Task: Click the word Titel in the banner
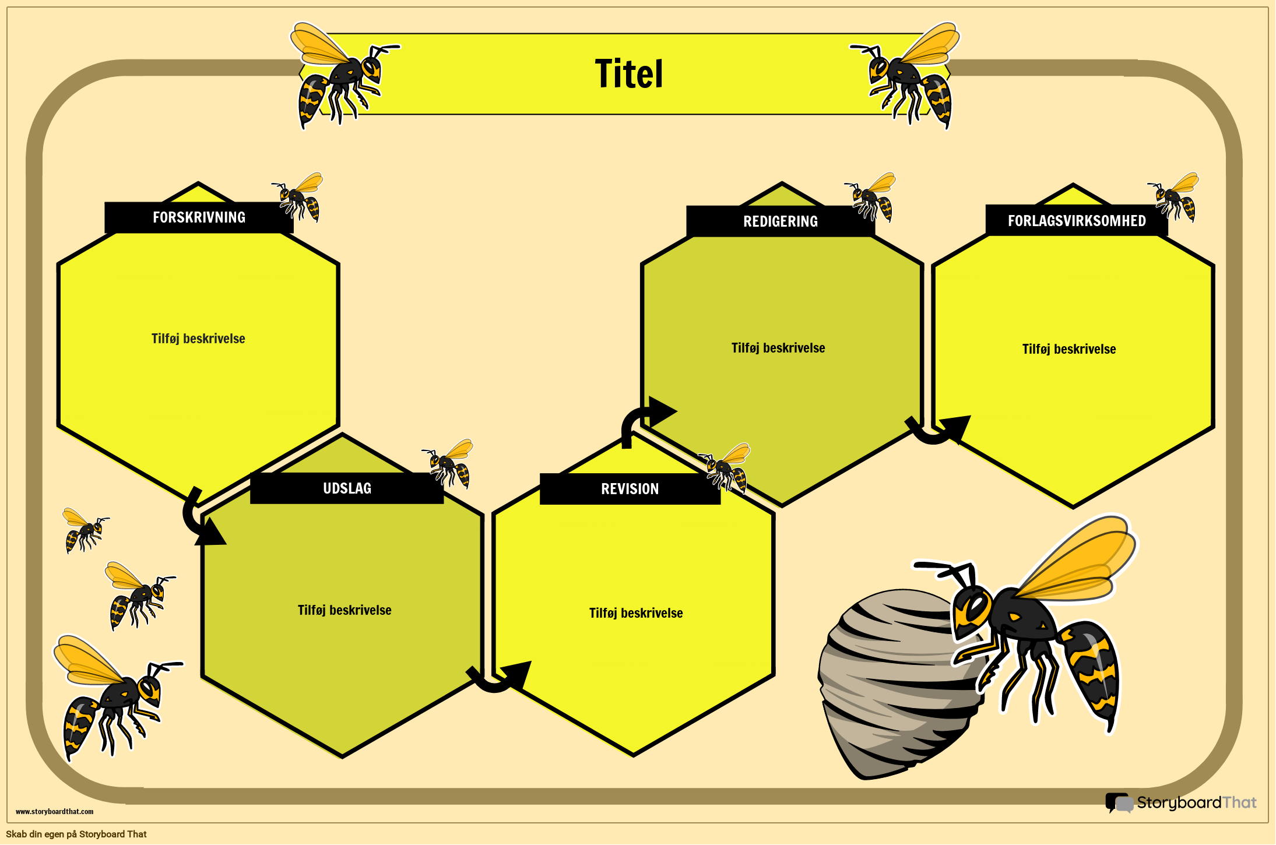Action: tap(628, 74)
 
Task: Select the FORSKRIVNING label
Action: tap(199, 217)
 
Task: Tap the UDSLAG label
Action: tap(347, 488)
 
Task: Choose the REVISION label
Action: tap(630, 489)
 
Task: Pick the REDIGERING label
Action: tap(780, 221)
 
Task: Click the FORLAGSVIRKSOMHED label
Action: tap(1076, 221)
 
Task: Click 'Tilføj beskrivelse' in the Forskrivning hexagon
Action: tap(198, 339)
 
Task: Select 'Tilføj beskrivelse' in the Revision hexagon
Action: tap(635, 613)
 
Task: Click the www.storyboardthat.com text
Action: tap(54, 811)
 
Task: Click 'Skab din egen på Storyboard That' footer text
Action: tap(76, 834)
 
